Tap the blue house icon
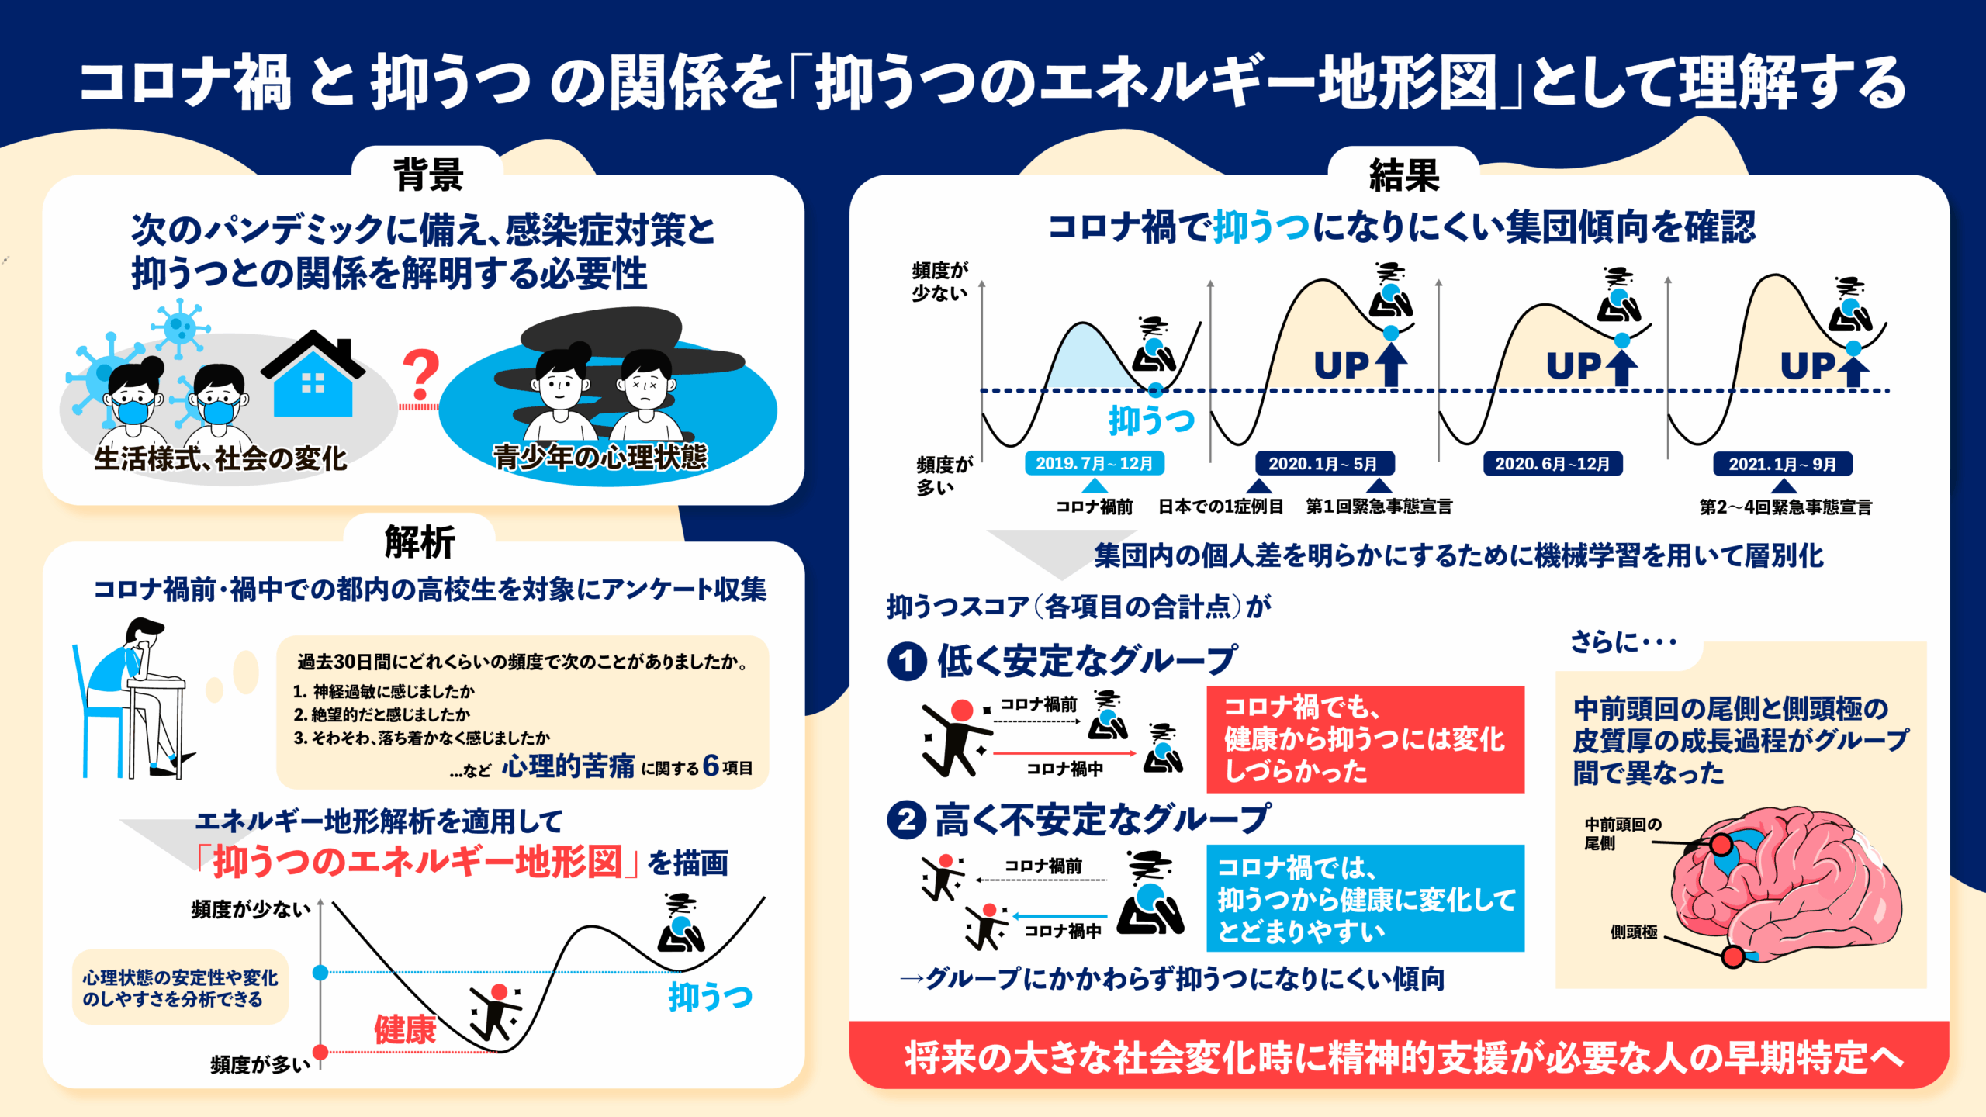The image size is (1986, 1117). tap(313, 379)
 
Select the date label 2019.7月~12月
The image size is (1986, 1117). tap(1094, 464)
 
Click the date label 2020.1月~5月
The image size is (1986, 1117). tap(1323, 464)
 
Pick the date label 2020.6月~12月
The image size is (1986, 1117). tap(1552, 464)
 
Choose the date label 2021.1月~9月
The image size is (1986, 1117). tap(1782, 464)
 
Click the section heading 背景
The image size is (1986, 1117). tap(427, 174)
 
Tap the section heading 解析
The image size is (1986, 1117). tap(420, 541)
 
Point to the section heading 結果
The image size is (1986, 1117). tap(1404, 174)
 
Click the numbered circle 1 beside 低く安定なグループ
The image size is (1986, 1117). tap(907, 662)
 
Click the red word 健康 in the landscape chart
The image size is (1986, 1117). tap(405, 1030)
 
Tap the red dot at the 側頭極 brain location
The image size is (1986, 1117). tap(1732, 956)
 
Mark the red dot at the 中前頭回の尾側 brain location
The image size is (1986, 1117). tap(1721, 845)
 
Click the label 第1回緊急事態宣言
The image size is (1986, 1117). tap(1379, 507)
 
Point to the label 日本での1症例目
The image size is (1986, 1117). tap(1220, 507)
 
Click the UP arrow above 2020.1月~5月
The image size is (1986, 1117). tap(1391, 365)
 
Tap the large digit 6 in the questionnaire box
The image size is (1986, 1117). tap(711, 766)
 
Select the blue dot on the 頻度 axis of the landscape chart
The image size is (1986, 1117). tap(320, 972)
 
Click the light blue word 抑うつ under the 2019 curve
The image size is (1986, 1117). tap(1151, 420)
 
